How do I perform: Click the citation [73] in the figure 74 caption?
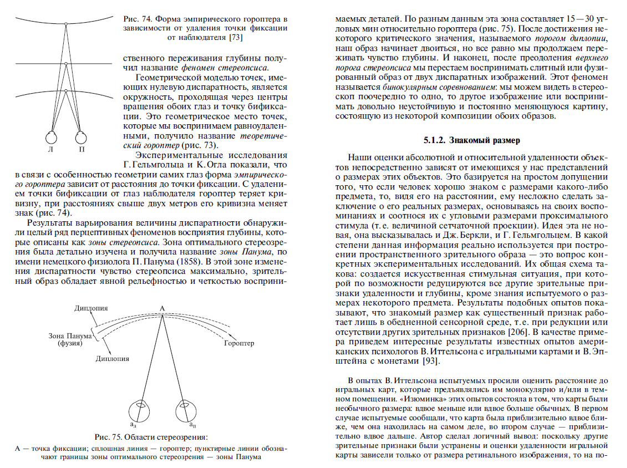236,38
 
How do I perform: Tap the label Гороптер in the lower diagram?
239,343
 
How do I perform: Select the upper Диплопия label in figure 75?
91,308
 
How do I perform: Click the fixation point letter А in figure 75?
162,308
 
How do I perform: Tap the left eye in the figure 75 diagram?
136,411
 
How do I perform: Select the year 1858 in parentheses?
186,260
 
